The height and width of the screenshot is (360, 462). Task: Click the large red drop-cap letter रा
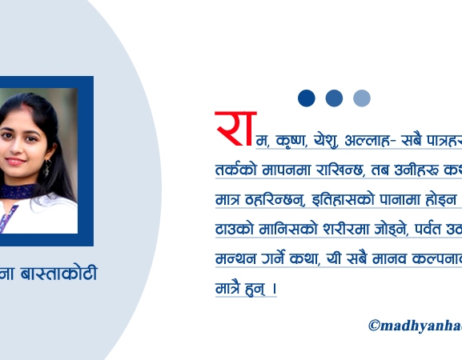(x=234, y=128)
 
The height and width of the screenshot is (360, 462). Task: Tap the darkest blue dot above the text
(x=307, y=98)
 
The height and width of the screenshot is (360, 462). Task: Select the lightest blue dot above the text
(x=362, y=98)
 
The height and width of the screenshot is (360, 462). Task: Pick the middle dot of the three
(x=334, y=98)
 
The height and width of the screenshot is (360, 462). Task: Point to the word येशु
(x=330, y=141)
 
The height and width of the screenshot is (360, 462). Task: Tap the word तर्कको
(x=235, y=170)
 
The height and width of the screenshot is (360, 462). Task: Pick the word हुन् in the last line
(x=255, y=288)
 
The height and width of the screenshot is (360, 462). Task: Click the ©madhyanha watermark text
(x=414, y=325)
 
